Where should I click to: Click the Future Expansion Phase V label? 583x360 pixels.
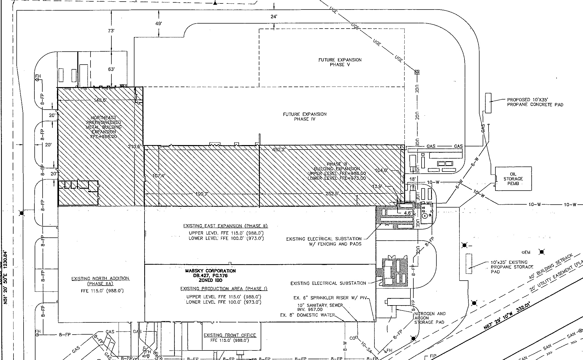(x=340, y=62)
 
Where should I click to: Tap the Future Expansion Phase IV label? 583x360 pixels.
(x=305, y=116)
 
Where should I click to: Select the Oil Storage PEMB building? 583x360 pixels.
(x=513, y=179)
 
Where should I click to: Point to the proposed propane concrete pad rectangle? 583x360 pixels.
(x=488, y=103)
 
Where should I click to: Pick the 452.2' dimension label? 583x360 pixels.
(x=279, y=150)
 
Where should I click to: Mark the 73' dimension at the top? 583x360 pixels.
(x=111, y=31)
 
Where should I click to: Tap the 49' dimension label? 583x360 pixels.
(x=159, y=24)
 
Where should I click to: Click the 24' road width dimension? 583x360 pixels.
(x=274, y=17)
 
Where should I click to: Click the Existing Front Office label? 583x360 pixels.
(x=230, y=335)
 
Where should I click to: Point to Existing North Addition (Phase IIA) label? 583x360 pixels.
(x=100, y=281)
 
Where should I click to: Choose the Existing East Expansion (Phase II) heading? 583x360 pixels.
(x=225, y=226)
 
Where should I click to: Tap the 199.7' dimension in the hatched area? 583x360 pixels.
(x=202, y=194)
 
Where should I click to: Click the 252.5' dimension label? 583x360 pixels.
(x=332, y=194)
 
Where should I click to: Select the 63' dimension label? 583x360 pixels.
(x=111, y=69)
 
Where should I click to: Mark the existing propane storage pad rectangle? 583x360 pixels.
(x=469, y=264)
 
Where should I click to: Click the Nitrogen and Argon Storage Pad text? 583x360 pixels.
(x=430, y=318)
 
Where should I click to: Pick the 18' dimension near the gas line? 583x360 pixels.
(x=412, y=179)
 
